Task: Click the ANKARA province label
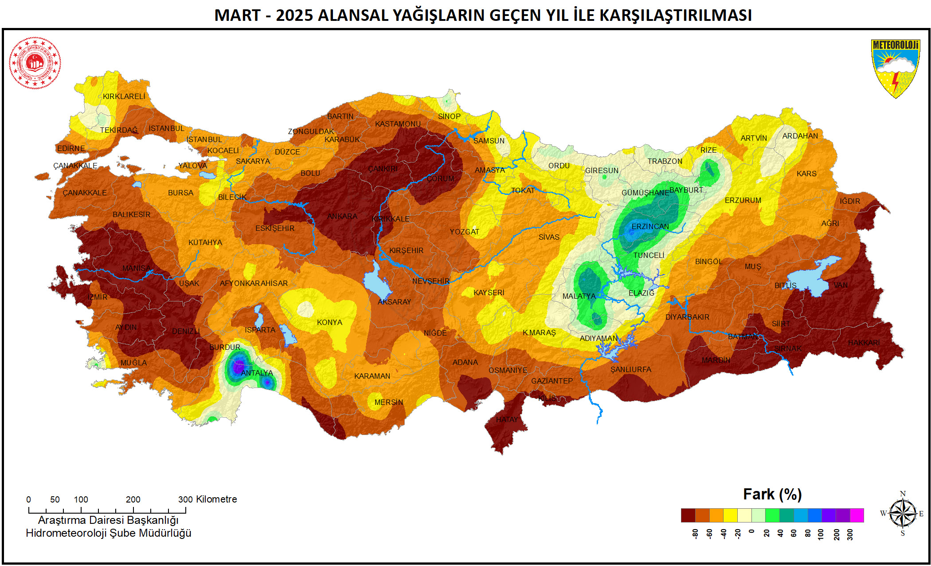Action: point(342,216)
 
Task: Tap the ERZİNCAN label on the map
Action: point(650,226)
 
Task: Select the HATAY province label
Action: point(507,420)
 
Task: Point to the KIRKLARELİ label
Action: point(124,96)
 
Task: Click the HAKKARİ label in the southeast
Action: point(864,343)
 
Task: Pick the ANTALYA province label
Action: point(257,373)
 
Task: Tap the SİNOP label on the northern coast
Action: point(449,116)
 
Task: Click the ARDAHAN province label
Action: point(800,136)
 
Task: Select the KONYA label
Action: point(329,322)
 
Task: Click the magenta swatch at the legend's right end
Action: point(857,515)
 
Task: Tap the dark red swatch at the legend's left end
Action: point(688,515)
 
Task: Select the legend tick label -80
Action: point(695,534)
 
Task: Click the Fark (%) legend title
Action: point(772,494)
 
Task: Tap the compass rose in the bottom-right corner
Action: point(903,514)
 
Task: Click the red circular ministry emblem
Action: point(35,63)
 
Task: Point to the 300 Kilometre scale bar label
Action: point(207,499)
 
